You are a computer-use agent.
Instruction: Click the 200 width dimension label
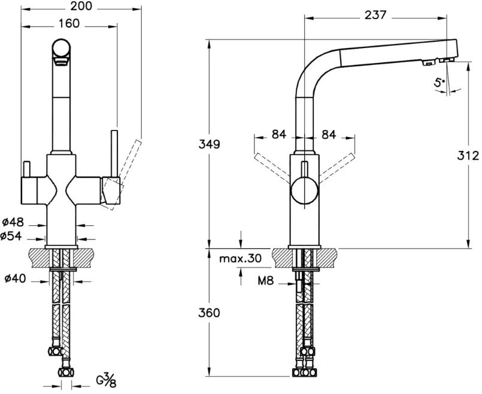[81, 6]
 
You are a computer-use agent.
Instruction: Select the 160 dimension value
[69, 23]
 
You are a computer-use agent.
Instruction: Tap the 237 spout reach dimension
[375, 15]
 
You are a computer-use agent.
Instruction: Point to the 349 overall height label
[210, 144]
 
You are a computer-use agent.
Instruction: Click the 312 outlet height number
[468, 156]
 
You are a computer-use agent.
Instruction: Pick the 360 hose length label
[210, 313]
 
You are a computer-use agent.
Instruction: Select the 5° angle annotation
[439, 83]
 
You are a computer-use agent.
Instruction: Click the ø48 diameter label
[13, 222]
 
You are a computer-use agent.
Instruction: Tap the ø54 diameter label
[11, 236]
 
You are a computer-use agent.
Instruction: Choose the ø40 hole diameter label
[16, 279]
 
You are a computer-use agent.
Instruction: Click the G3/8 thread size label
[107, 380]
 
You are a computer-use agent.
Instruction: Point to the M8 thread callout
[266, 280]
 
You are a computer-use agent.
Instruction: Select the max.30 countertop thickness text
[240, 259]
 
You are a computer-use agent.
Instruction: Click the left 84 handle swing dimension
[279, 134]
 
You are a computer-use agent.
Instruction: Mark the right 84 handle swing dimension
[329, 134]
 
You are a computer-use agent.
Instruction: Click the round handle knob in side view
[304, 190]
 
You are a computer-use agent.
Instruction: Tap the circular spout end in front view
[61, 49]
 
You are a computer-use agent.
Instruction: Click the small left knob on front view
[26, 169]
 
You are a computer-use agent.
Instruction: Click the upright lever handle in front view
[114, 154]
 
